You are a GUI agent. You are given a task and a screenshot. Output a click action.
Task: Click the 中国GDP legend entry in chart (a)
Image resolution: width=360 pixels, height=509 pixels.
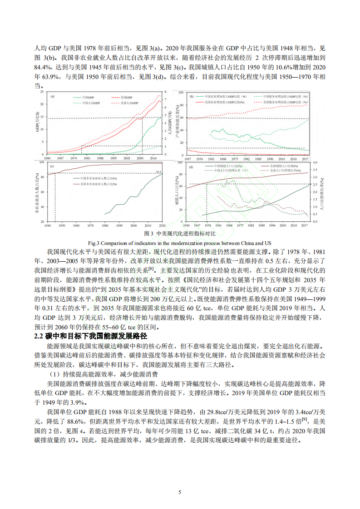coord(89,98)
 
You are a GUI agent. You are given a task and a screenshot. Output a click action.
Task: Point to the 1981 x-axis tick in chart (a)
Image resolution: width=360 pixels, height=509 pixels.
coord(87,158)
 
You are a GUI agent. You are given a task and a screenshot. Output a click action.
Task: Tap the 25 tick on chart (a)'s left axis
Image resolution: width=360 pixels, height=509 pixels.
coord(43,92)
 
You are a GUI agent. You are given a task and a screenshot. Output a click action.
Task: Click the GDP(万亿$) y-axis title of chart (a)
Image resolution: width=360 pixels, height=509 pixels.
coord(37,122)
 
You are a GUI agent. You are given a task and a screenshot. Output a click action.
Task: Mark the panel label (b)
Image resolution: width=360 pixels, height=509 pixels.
coord(192,96)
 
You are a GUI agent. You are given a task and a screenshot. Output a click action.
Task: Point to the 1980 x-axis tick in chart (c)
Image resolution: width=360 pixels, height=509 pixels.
coord(106,225)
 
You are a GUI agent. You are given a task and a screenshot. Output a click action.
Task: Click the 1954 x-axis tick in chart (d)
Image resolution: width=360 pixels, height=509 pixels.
coord(207,225)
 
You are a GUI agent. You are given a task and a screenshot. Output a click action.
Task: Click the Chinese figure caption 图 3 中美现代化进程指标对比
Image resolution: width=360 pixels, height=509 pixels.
coord(179,234)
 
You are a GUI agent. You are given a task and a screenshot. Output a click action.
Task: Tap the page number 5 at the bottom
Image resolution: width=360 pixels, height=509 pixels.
coord(180,492)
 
